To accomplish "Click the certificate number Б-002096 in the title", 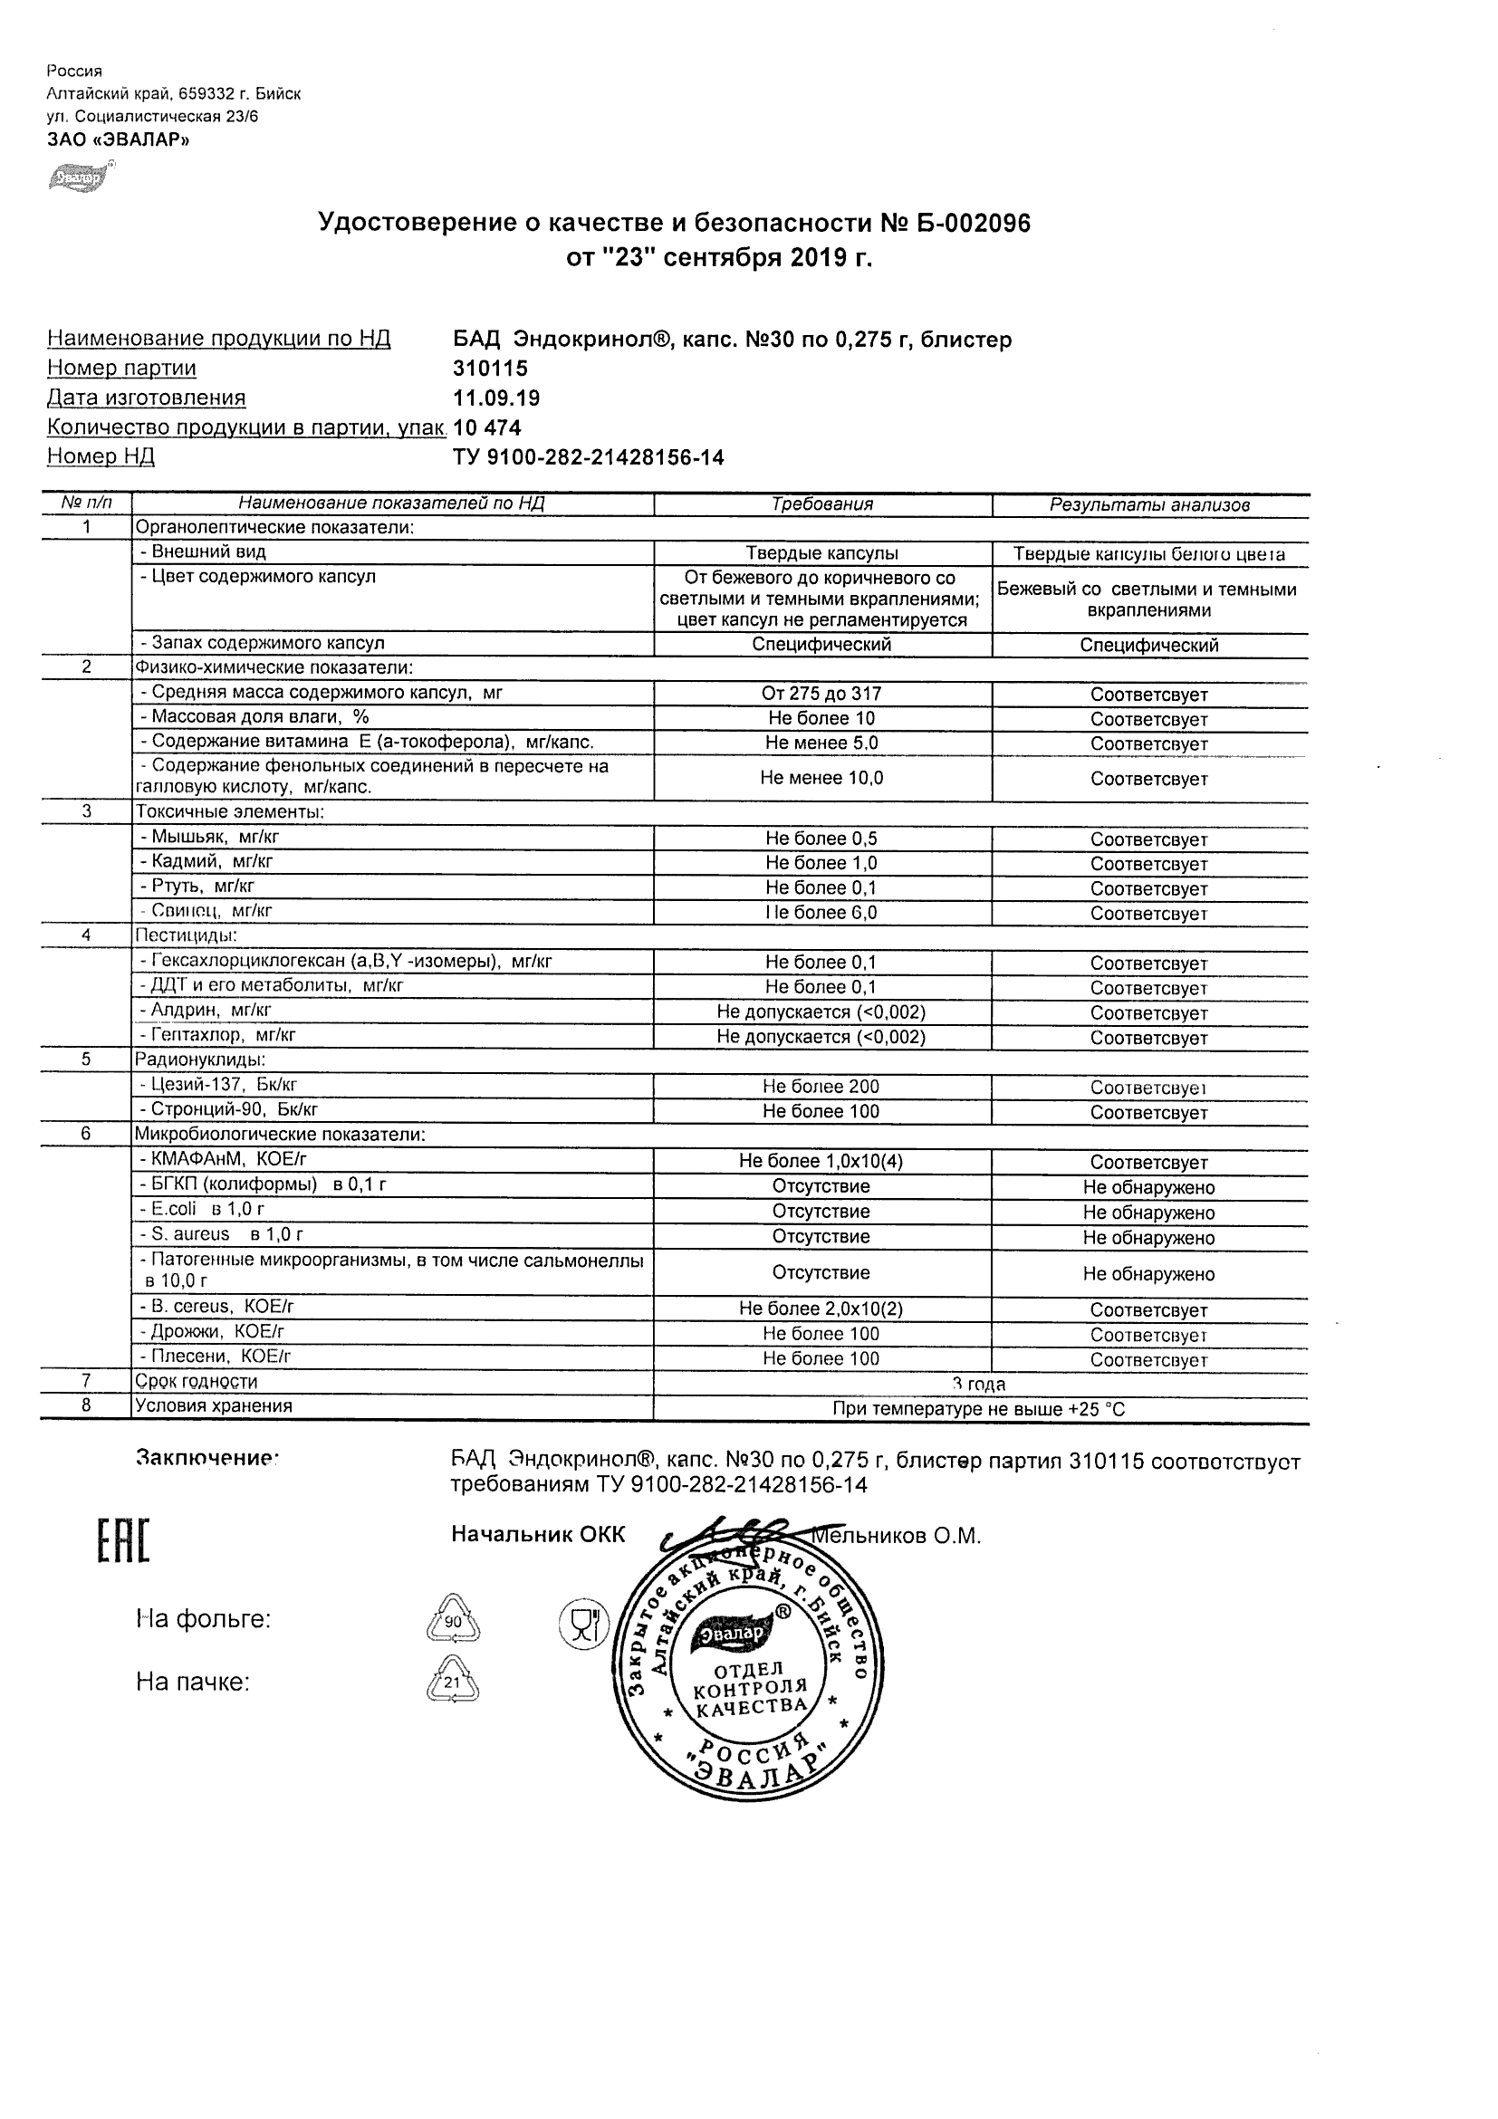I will (x=973, y=224).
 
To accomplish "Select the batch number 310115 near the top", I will (x=490, y=369).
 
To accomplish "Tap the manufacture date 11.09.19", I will (x=496, y=398).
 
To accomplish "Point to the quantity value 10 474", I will (x=487, y=428).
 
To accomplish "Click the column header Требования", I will (x=821, y=504).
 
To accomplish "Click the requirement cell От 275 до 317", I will (x=821, y=694).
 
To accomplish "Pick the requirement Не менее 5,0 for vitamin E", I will (x=821, y=743).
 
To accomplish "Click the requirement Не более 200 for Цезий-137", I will (x=821, y=1088).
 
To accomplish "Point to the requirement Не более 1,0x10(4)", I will (x=821, y=1161).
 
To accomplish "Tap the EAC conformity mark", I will (x=123, y=1541).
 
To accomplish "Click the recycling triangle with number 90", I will (x=452, y=1622).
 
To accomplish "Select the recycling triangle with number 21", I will (x=452, y=1682).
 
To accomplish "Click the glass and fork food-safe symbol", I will (x=583, y=1624).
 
